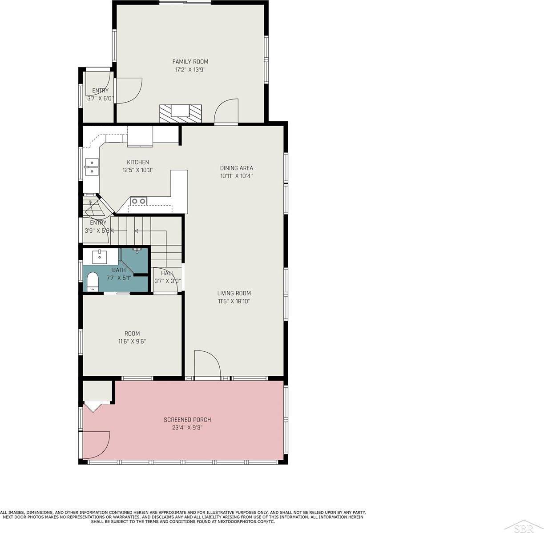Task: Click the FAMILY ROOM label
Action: [x=190, y=61]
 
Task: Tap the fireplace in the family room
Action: [x=181, y=113]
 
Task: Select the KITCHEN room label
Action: [x=138, y=162]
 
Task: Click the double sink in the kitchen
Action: [x=92, y=167]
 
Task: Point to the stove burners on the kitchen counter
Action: [x=138, y=201]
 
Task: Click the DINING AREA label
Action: [x=237, y=168]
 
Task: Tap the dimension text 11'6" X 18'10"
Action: [x=234, y=301]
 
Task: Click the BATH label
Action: [x=119, y=270]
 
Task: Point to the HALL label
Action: [x=167, y=273]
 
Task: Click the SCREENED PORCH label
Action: [x=187, y=420]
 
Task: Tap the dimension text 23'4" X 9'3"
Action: [x=187, y=428]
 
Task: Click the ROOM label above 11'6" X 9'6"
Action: [x=132, y=334]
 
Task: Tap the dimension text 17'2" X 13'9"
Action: [x=190, y=70]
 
